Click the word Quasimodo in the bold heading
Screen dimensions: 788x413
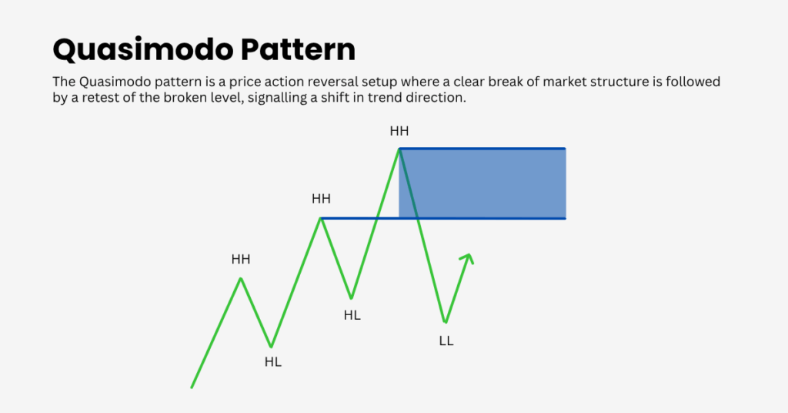coord(142,50)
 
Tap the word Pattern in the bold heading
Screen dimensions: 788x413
coord(298,49)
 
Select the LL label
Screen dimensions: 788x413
coord(446,341)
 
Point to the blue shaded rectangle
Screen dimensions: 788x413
coord(482,183)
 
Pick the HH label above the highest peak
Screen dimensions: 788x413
coord(399,131)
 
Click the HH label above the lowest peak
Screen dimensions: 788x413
coord(241,260)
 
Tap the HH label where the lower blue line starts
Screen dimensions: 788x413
coord(321,199)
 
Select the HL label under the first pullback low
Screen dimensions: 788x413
coord(273,361)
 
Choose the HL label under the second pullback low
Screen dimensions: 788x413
coord(352,315)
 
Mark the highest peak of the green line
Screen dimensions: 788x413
coord(399,149)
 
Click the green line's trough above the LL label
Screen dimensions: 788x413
coord(446,322)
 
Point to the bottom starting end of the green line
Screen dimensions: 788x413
coord(192,388)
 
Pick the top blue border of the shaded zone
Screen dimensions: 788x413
coord(482,149)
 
